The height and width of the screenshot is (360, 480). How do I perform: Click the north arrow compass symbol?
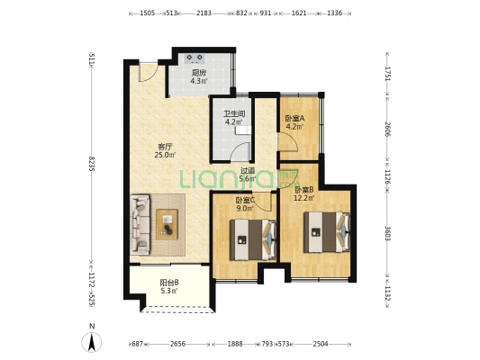(92, 342)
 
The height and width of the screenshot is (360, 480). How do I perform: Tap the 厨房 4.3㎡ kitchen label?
(198, 77)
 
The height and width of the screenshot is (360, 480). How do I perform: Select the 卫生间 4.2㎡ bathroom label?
(234, 118)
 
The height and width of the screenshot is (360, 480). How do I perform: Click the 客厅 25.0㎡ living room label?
(165, 150)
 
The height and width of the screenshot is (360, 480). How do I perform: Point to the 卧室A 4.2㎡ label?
(294, 122)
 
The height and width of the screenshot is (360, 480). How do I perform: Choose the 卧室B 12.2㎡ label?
(304, 193)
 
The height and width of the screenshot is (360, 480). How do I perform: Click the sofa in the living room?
(140, 225)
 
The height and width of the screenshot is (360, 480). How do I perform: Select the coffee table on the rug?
(167, 224)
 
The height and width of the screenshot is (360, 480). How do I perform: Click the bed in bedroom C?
(253, 239)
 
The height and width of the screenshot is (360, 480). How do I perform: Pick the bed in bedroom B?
(327, 232)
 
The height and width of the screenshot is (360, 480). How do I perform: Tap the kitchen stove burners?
(195, 58)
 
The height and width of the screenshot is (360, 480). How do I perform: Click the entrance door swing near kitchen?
(149, 72)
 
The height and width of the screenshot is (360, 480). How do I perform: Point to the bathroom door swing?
(240, 152)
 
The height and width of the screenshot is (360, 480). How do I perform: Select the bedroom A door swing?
(287, 141)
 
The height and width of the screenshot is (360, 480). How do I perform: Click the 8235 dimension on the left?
(91, 163)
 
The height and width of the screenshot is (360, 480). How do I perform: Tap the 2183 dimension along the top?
(204, 13)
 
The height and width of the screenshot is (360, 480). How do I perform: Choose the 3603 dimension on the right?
(387, 233)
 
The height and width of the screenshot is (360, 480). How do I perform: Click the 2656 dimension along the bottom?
(177, 344)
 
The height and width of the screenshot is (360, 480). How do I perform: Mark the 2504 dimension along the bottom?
(321, 344)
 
